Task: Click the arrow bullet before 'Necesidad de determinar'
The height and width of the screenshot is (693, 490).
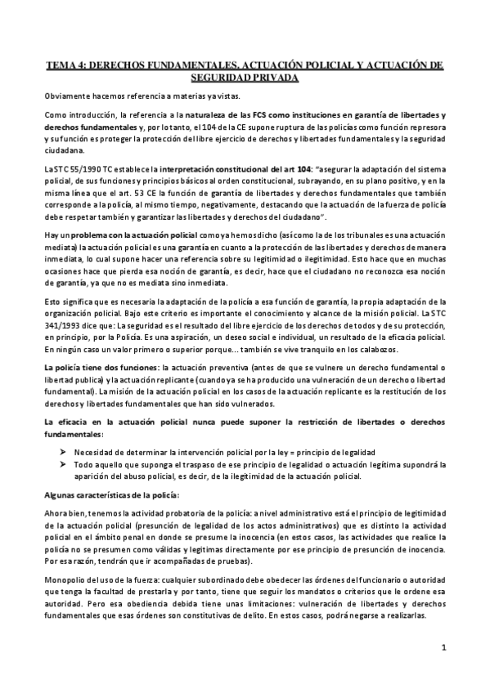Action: tap(62, 450)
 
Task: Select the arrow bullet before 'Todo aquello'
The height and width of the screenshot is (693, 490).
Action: tap(62, 463)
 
